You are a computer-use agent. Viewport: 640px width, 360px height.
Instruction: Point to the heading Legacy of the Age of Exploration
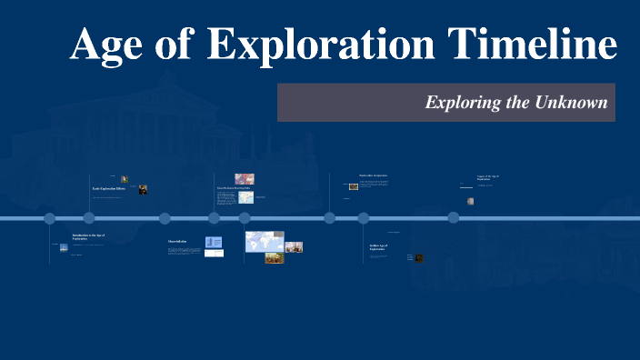[489, 178]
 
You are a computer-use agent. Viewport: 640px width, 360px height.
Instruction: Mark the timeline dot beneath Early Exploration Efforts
[89, 218]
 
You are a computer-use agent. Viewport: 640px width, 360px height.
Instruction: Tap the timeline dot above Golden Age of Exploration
[364, 218]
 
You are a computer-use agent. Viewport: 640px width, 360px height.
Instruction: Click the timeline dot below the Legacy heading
[454, 218]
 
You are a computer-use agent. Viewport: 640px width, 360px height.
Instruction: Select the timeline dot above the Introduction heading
[50, 218]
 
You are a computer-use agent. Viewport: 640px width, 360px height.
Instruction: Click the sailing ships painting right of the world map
[294, 246]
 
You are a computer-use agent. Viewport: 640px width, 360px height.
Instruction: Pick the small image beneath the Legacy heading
[470, 201]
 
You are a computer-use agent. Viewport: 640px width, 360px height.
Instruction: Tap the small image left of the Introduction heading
[63, 245]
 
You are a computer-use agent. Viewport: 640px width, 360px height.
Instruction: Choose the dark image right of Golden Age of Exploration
[419, 258]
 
